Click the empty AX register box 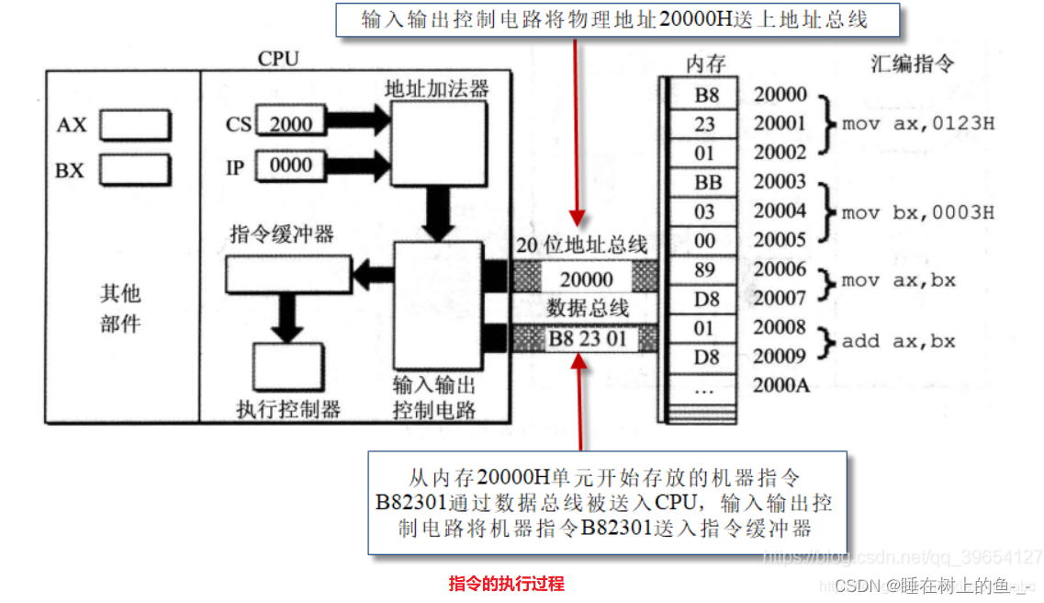pos(135,125)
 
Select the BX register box pos(135,170)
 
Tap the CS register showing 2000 pos(290,124)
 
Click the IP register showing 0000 pos(290,165)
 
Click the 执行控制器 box pos(288,370)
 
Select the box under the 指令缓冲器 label pos(288,273)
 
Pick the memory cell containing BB pos(706,182)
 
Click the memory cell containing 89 pos(706,269)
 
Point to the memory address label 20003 pos(780,182)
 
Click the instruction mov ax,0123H pos(917,124)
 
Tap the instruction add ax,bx pos(898,341)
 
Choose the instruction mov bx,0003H pos(917,212)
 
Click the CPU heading pos(277,59)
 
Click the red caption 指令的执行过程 pos(506,583)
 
